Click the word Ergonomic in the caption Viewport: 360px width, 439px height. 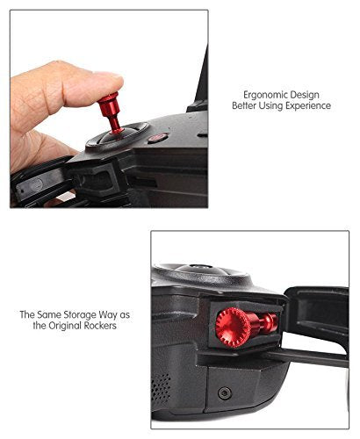click(265, 96)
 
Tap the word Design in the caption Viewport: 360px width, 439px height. click(305, 95)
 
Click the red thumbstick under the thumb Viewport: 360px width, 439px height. click(112, 113)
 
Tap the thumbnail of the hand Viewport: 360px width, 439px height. click(106, 78)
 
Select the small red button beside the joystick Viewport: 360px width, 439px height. click(157, 137)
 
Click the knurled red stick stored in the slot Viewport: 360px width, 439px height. click(246, 327)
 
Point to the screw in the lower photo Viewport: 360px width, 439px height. click(225, 393)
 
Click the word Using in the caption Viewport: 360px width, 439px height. click(270, 106)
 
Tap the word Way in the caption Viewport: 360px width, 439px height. click(108, 315)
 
